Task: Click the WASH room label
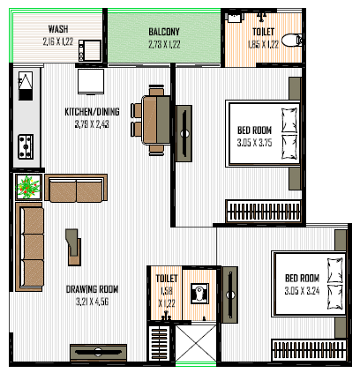pyautogui.click(x=58, y=29)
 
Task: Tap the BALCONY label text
pyautogui.click(x=164, y=32)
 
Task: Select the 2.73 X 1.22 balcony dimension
pyautogui.click(x=164, y=44)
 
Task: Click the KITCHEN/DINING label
pyautogui.click(x=92, y=112)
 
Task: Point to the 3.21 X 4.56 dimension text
pyautogui.click(x=92, y=302)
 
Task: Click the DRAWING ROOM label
pyautogui.click(x=92, y=289)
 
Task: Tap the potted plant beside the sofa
pyautogui.click(x=28, y=187)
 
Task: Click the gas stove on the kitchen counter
pyautogui.click(x=26, y=146)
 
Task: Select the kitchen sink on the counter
pyautogui.click(x=26, y=86)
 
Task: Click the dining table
pyautogui.click(x=156, y=120)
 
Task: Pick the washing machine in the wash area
pyautogui.click(x=90, y=51)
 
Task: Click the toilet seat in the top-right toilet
pyautogui.click(x=291, y=41)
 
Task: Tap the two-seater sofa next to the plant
pyautogui.click(x=76, y=189)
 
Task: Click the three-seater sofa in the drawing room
pyautogui.click(x=29, y=247)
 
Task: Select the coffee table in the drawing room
pyautogui.click(x=73, y=247)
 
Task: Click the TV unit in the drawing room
pyautogui.click(x=99, y=353)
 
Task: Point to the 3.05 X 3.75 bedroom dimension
pyautogui.click(x=254, y=143)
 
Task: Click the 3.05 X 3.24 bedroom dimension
pyautogui.click(x=302, y=291)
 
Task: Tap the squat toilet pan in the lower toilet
pyautogui.click(x=199, y=294)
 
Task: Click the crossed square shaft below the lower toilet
pyautogui.click(x=196, y=343)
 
